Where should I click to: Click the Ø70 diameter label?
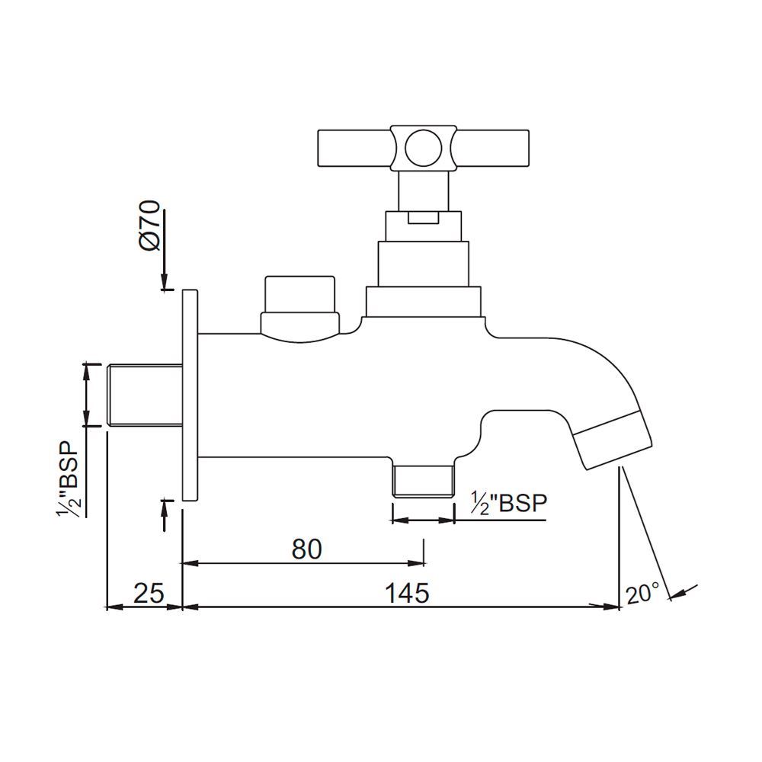click(x=150, y=226)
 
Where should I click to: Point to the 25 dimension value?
click(x=149, y=592)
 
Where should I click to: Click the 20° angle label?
click(x=642, y=594)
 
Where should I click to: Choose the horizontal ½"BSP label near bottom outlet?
click(x=508, y=504)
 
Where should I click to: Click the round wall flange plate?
click(x=190, y=395)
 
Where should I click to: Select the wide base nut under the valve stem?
click(x=423, y=302)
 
